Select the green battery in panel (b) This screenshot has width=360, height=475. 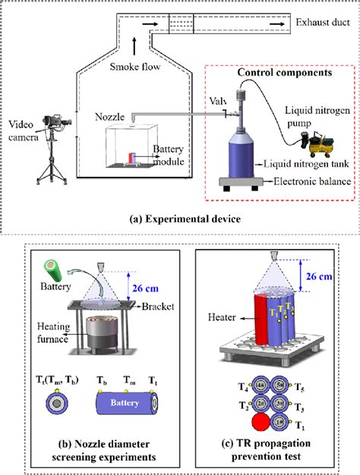point(55,271)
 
